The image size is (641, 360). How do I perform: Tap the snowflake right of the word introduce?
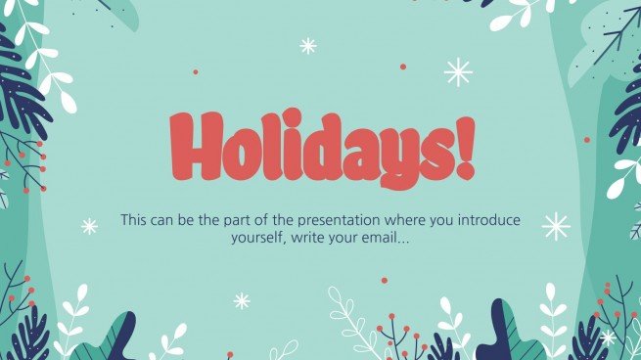pos(556,226)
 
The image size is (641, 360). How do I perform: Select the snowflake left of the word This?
pos(89,226)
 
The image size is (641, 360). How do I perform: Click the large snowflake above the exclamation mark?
pos(458,71)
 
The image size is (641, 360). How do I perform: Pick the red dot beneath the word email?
pos(384,280)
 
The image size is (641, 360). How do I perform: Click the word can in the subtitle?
pos(173,220)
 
